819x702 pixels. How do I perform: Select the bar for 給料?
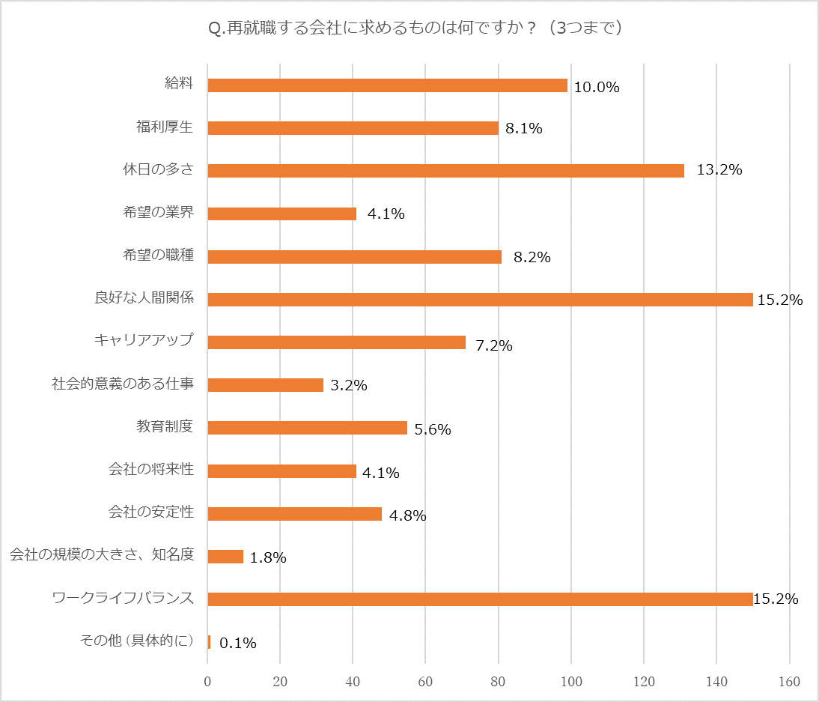coord(387,85)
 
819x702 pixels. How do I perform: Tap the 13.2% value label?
coord(719,170)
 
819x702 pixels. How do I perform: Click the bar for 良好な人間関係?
coord(480,300)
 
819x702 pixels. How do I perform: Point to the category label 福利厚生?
coord(165,127)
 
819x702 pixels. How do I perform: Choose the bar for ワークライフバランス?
coord(480,599)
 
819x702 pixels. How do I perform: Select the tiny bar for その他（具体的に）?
coord(209,642)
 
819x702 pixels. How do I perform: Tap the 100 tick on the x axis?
coord(571,682)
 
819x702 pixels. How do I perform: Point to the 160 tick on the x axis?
coord(789,682)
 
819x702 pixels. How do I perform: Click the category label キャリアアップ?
coord(144,341)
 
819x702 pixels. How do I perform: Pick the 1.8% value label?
coord(268,557)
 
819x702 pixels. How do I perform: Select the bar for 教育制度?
coord(307,428)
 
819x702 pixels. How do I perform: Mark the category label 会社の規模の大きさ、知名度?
coord(102,555)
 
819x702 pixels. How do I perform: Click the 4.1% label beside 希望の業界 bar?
coord(386,214)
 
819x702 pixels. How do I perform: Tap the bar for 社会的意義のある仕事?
coord(265,385)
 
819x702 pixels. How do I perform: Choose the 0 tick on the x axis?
coord(207,682)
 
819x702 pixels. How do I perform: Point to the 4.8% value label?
coord(407,515)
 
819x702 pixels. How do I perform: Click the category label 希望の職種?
coord(159,255)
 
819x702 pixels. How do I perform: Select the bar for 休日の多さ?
coord(445,171)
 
